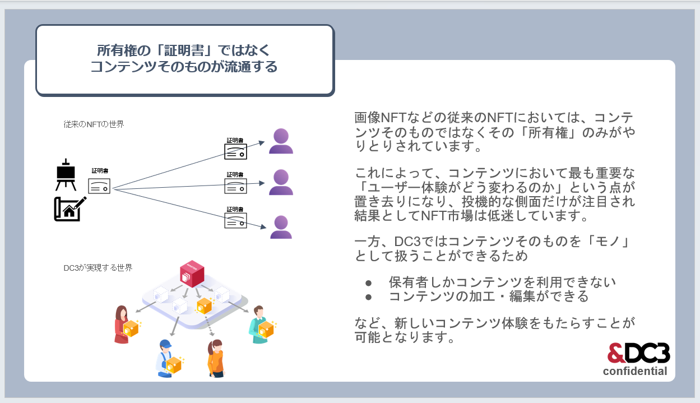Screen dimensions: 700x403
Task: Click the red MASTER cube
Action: (x=192, y=274)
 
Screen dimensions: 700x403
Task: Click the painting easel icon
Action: (x=66, y=174)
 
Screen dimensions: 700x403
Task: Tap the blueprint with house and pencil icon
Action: (x=70, y=209)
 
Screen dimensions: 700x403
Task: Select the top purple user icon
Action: (x=281, y=141)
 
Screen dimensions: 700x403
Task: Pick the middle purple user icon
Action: (x=281, y=182)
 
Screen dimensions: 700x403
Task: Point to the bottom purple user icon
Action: (x=281, y=228)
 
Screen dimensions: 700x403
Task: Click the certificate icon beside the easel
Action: (x=99, y=186)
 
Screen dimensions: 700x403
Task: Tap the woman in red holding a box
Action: (x=123, y=325)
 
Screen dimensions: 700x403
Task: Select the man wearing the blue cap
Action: (x=166, y=358)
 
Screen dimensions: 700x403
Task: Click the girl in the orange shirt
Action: (x=216, y=358)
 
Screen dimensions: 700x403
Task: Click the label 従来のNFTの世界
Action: (x=94, y=124)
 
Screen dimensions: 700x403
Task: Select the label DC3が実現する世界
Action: (x=98, y=268)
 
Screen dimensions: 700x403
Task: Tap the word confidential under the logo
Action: (x=635, y=371)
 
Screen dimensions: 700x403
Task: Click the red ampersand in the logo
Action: (x=615, y=353)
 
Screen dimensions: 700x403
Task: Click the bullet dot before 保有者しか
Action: (x=368, y=283)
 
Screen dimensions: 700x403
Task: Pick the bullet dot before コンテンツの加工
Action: (x=368, y=297)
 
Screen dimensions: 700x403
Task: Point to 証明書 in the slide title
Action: (x=184, y=50)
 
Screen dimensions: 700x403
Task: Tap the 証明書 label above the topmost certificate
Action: (x=235, y=140)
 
